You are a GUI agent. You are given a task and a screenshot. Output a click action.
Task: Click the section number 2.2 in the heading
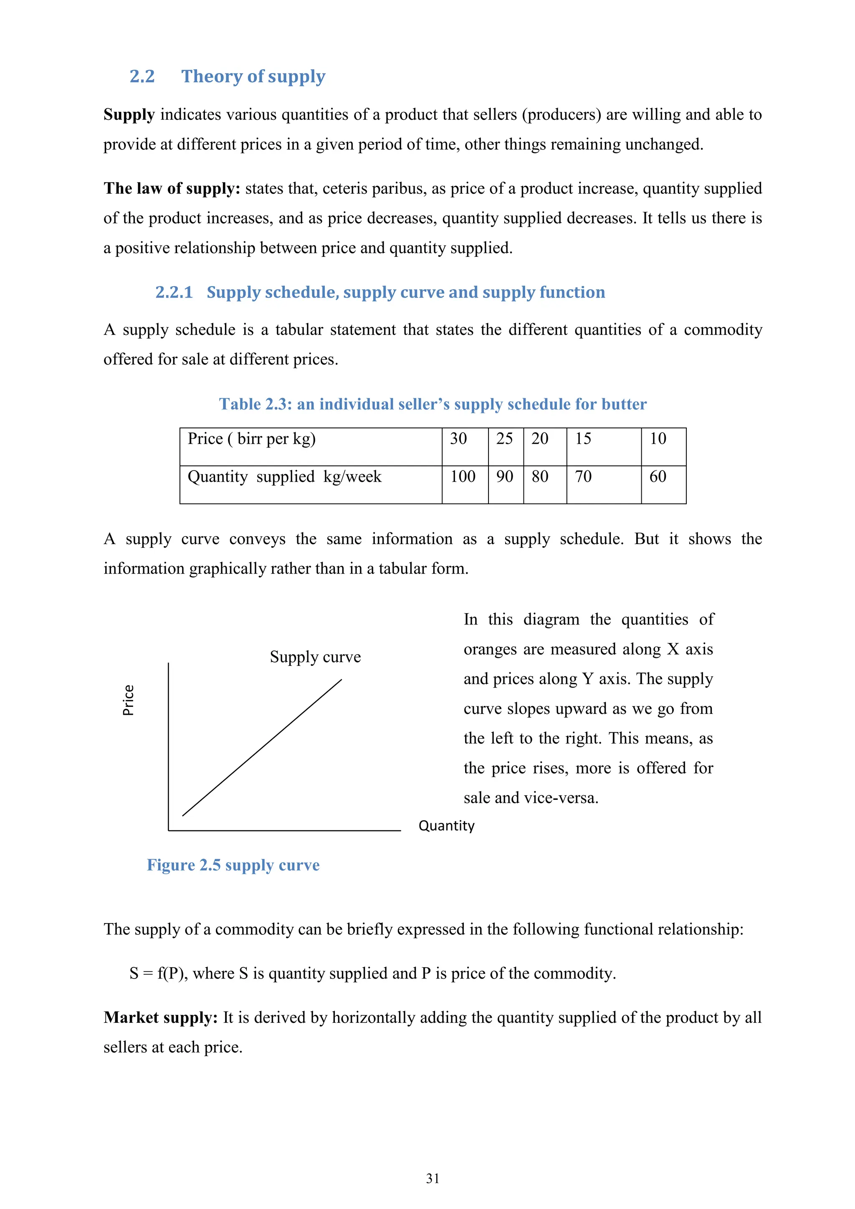[142, 76]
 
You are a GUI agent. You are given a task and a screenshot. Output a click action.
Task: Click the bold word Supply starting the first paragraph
[129, 115]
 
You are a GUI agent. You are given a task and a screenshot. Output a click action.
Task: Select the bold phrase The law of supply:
[172, 189]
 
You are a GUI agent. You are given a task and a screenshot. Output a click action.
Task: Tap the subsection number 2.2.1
[174, 292]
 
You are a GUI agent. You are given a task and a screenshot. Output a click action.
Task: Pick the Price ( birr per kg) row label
[252, 439]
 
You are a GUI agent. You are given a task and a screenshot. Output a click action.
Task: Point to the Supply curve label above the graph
[315, 657]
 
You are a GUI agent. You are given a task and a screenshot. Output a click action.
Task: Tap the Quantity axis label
[446, 826]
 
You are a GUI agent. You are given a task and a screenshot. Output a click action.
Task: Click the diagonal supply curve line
[262, 748]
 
